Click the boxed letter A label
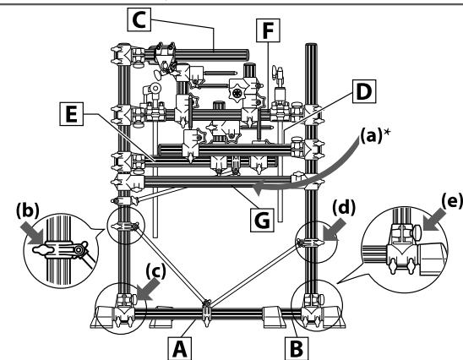click(179, 348)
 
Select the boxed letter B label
click(297, 348)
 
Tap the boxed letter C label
click(139, 19)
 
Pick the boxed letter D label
click(364, 91)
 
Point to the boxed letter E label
click(71, 114)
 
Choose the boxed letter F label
click(268, 30)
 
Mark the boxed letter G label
click(262, 220)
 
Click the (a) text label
click(371, 135)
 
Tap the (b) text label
click(28, 211)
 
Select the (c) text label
click(156, 271)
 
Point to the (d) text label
click(344, 208)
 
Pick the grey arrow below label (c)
click(148, 291)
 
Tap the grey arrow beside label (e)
click(434, 220)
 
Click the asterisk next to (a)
click(386, 132)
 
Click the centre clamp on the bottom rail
click(207, 313)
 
